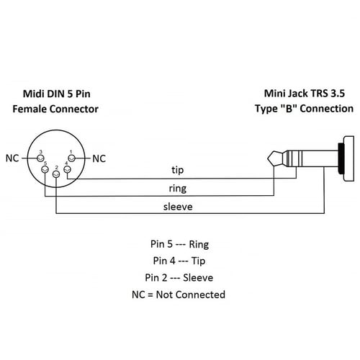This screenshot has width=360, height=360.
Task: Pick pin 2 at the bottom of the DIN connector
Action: coord(56,176)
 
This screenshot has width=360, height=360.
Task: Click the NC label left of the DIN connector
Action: coord(12,158)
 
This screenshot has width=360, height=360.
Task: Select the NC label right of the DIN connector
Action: coord(99,158)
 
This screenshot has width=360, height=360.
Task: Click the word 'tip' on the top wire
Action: coord(177,170)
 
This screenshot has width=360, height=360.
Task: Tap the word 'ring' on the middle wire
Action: coord(177,189)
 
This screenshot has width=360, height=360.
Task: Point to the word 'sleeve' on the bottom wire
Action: coord(177,207)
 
